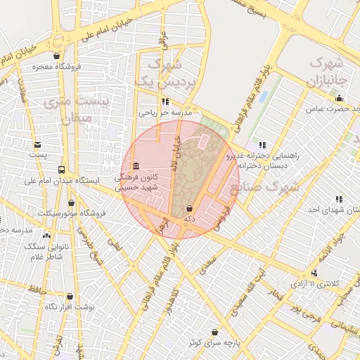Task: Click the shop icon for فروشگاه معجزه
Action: click(57, 56)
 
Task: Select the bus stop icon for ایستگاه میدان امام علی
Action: click(61, 169)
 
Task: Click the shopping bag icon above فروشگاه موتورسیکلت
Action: click(71, 202)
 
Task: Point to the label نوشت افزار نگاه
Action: click(69, 307)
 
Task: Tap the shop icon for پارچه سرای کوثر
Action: click(214, 332)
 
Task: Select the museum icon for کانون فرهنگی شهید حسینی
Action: click(135, 166)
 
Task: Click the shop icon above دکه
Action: click(189, 209)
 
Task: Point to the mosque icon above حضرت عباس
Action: click(340, 98)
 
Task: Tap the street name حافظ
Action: click(37, 290)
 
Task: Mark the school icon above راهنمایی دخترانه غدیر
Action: click(262, 144)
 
